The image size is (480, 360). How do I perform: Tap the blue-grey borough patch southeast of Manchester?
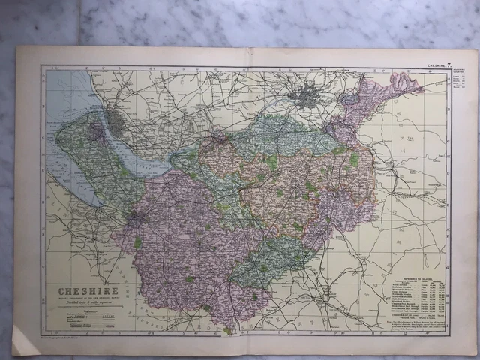tap(346, 98)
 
